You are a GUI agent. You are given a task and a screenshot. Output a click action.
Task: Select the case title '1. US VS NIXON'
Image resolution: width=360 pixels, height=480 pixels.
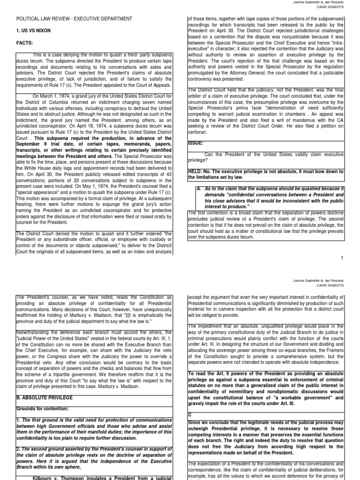coord(33,30)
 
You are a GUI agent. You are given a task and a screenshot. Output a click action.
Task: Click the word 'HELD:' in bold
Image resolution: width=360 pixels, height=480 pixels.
coord(196,172)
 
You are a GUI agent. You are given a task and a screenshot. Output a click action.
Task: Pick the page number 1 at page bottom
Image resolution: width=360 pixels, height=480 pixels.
coord(343,258)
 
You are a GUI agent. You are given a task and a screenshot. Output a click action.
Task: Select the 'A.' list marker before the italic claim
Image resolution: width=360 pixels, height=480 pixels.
coord(199,189)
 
